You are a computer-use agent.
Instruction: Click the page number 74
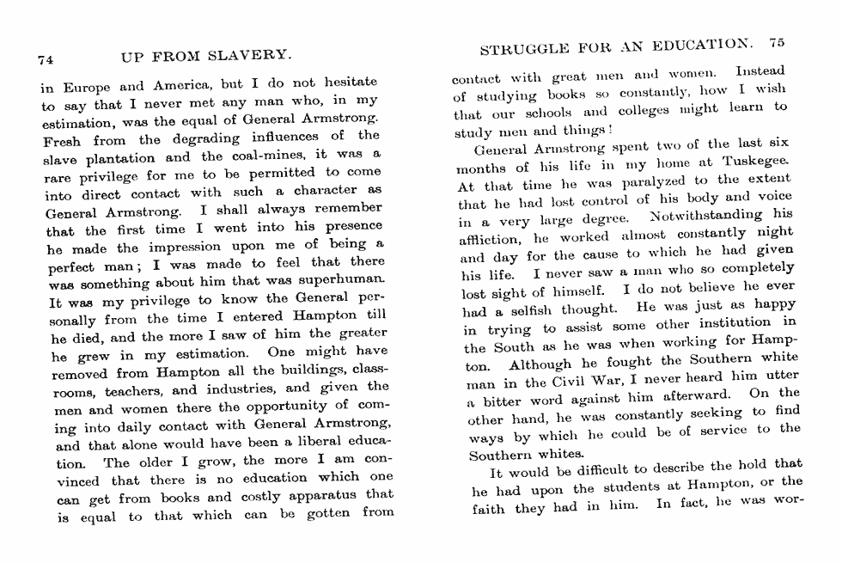(46, 60)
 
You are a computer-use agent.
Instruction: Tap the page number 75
(777, 42)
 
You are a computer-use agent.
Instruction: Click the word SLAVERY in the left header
(253, 58)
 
